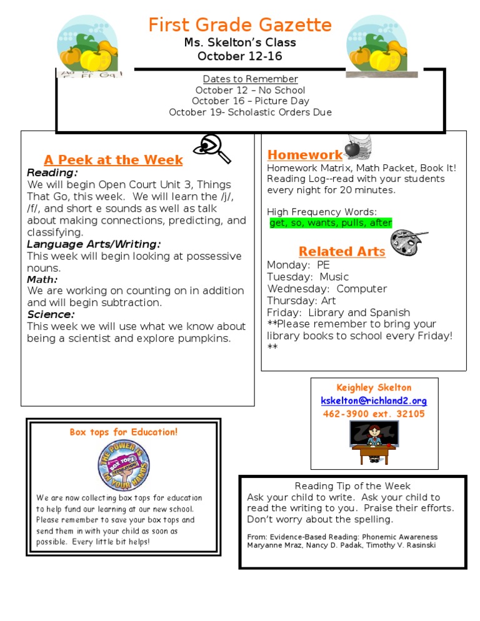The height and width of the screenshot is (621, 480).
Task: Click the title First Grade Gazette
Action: [240, 25]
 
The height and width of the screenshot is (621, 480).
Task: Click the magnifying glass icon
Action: [212, 148]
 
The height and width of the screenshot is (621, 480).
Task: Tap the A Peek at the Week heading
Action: [113, 160]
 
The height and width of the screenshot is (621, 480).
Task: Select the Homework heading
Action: [305, 155]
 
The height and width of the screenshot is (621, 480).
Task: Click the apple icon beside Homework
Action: [353, 149]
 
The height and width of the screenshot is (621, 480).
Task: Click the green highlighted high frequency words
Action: [331, 223]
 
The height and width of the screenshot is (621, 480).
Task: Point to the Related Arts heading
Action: [342, 251]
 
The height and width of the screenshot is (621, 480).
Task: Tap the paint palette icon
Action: [408, 241]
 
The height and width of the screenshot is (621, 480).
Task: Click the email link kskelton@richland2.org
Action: [374, 401]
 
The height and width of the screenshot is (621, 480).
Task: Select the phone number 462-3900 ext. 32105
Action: [374, 414]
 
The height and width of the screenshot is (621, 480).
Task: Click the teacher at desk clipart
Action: [374, 442]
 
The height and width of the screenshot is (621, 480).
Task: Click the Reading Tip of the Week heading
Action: [352, 486]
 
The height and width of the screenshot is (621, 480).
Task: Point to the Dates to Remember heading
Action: [250, 79]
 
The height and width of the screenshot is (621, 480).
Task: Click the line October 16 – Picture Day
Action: [250, 101]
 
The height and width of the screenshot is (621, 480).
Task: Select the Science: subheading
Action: [51, 315]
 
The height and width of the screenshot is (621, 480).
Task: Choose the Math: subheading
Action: [42, 280]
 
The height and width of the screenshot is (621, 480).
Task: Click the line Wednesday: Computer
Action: [327, 289]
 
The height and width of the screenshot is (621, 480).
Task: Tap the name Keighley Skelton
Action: [374, 388]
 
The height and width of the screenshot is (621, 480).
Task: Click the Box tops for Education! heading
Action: [124, 432]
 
